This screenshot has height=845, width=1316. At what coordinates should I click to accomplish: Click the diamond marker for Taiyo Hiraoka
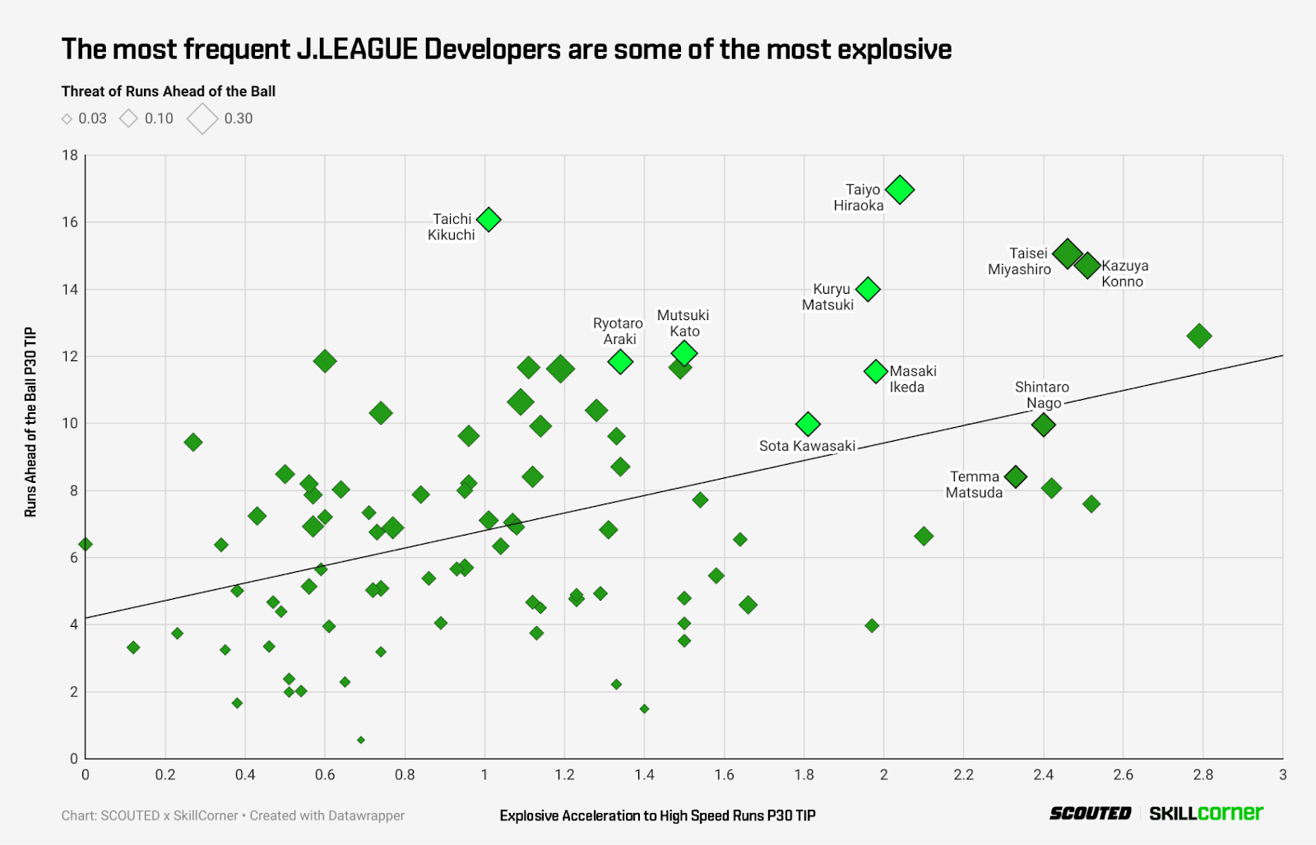(900, 189)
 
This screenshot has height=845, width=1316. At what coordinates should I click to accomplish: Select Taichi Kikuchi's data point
(489, 220)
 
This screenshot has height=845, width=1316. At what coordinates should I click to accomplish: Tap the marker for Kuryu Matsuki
(868, 289)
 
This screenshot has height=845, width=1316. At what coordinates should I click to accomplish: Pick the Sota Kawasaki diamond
(808, 424)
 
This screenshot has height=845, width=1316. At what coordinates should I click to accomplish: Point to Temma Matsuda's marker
(1016, 476)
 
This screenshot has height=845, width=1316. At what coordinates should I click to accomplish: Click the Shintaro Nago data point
(1044, 425)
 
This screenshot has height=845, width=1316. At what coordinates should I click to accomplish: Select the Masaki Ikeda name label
(912, 379)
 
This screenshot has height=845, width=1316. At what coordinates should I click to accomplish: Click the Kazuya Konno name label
(1124, 273)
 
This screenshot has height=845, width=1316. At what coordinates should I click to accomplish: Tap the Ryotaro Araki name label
(618, 331)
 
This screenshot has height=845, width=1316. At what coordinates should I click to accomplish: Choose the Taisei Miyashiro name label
(1020, 261)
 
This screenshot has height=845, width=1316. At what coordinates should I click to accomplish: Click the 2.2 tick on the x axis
(963, 774)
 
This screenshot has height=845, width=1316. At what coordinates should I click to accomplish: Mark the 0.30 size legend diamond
(202, 118)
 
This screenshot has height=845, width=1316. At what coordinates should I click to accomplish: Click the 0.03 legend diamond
(67, 119)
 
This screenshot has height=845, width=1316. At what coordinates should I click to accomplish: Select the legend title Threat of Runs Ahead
(168, 91)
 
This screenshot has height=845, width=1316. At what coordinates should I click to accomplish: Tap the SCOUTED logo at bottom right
(1090, 813)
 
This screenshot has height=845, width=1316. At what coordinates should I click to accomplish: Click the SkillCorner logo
(1206, 813)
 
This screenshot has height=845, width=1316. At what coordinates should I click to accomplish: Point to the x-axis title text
(657, 815)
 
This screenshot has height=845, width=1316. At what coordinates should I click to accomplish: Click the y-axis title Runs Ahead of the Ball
(31, 421)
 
